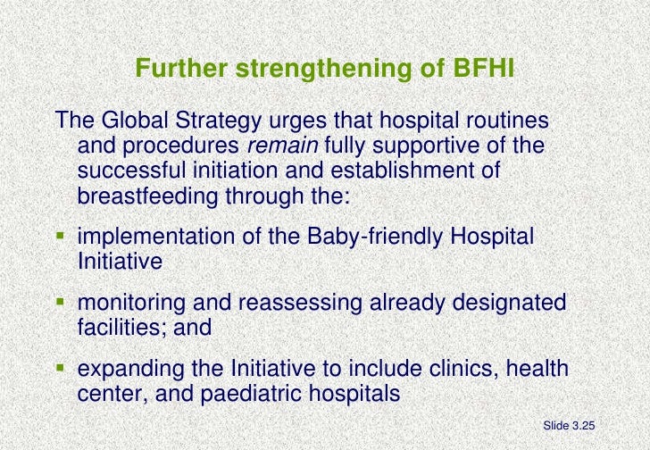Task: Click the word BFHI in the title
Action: point(480,69)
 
